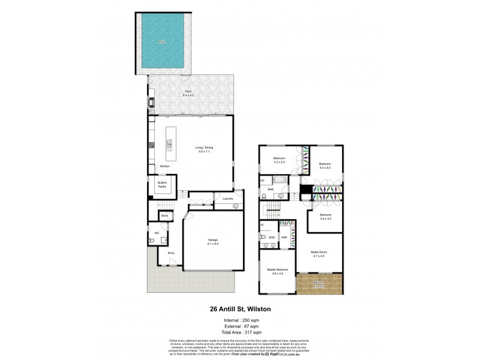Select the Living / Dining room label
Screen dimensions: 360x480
(205, 148)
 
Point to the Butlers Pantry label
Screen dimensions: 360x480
(162, 185)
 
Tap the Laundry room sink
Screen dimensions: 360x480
(235, 205)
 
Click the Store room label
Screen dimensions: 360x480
(164, 215)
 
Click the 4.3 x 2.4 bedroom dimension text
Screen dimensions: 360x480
(280, 161)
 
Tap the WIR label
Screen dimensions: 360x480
(284, 237)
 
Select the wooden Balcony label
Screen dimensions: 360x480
(319, 283)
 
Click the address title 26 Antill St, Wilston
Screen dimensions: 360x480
(239, 310)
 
